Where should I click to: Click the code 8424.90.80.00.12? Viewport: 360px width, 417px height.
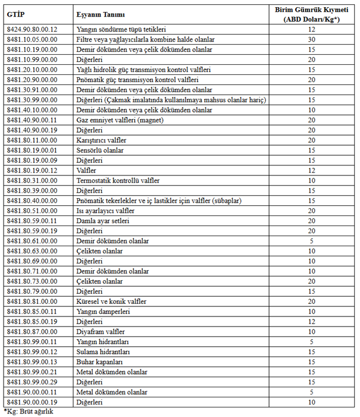32,29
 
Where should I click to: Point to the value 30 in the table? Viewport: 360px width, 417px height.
311,39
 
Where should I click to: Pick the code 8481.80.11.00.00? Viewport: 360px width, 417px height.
32,140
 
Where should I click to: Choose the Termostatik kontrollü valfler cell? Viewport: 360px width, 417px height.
121,180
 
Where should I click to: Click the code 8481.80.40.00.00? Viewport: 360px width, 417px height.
32,200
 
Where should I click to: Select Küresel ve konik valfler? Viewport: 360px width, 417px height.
112,302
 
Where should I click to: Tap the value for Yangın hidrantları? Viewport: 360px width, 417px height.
311,342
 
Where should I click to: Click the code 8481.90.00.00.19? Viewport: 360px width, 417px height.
32,403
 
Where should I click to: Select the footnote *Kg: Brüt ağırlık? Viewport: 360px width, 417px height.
29,412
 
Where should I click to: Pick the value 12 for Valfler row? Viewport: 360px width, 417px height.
311,170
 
